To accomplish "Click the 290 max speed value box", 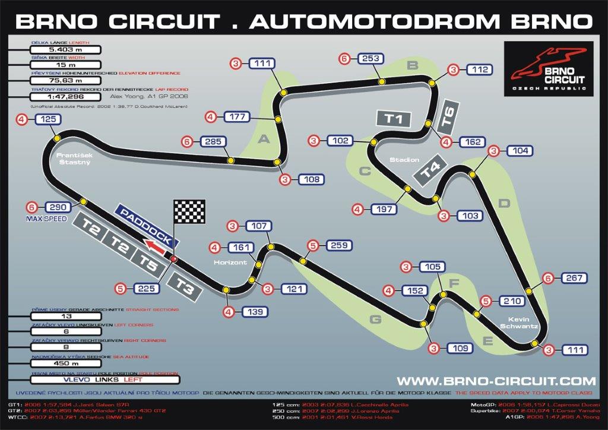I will pyautogui.click(x=57, y=207).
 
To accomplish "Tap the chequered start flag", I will pyautogui.click(x=189, y=211).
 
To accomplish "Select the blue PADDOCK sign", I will pyautogui.click(x=145, y=226).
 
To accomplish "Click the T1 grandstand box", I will pyautogui.click(x=394, y=118).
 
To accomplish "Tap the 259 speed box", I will pyautogui.click(x=336, y=245).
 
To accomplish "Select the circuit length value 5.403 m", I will pyautogui.click(x=66, y=50).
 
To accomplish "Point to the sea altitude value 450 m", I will pyautogui.click(x=62, y=363).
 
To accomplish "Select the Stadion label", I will pyautogui.click(x=404, y=160).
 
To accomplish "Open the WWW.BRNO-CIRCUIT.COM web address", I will pyautogui.click(x=496, y=381).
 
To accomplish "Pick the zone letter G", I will pyautogui.click(x=375, y=320).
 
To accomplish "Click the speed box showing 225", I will pyautogui.click(x=146, y=289).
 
